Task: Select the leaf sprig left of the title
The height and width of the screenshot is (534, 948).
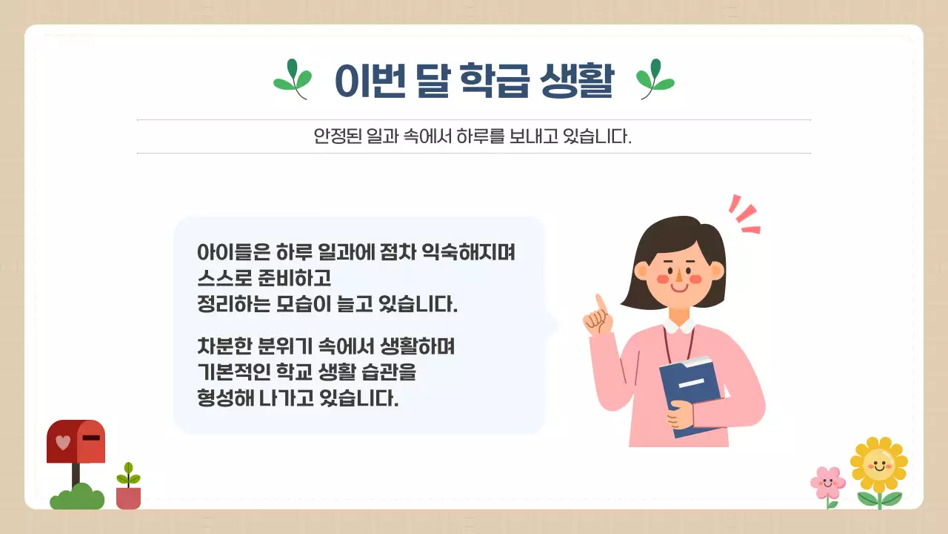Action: [293, 79]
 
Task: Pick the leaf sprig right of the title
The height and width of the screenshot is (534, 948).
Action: [655, 79]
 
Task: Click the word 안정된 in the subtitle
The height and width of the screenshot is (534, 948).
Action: [336, 137]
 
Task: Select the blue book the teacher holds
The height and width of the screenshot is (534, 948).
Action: [690, 393]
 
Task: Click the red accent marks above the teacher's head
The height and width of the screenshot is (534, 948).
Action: [744, 214]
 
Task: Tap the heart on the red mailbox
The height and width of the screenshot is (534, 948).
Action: [63, 442]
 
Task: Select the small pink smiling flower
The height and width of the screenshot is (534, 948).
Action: [828, 484]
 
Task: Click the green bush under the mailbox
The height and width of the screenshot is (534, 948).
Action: [77, 498]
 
